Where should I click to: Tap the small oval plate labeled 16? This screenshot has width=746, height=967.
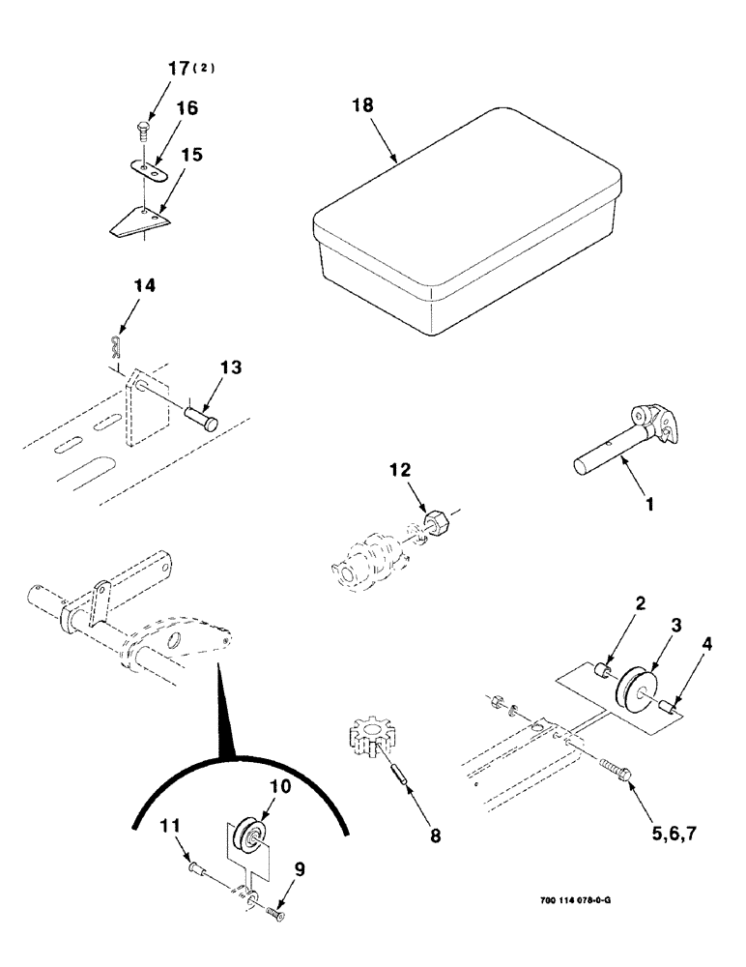[146, 170]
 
